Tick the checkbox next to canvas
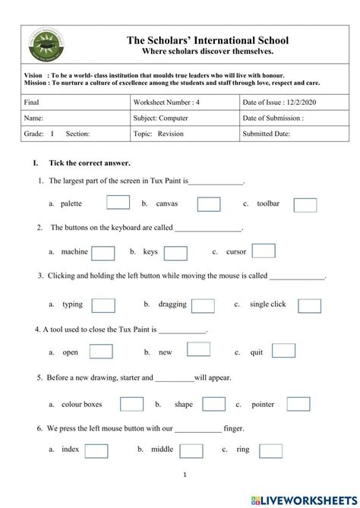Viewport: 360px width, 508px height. coord(209,204)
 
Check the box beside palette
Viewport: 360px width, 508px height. coord(118,203)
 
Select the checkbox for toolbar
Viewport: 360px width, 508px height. coord(305,204)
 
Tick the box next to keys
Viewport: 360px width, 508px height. coord(175,253)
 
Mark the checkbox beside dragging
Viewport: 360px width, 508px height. coord(203,305)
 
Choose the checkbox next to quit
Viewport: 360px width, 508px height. coord(283,351)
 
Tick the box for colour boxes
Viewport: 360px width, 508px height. coord(131,404)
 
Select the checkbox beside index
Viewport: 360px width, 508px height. coord(96,450)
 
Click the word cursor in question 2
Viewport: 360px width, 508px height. coord(234,252)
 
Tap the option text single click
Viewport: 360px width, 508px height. coord(267,304)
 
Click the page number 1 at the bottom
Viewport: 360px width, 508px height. coord(185,475)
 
